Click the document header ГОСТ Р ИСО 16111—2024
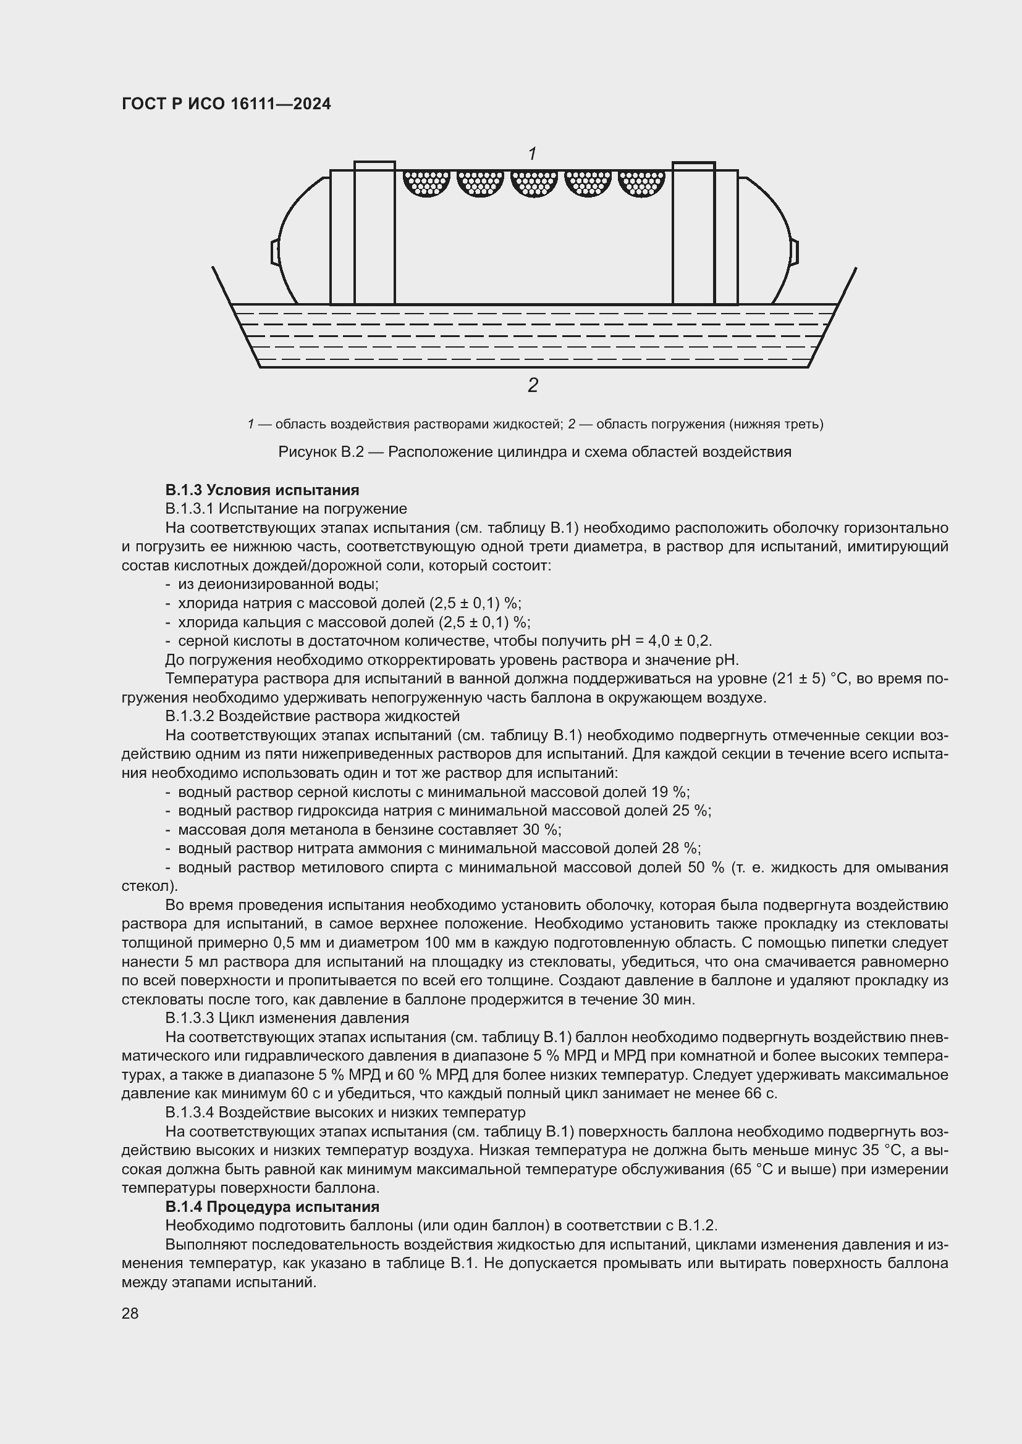tap(226, 104)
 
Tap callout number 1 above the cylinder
tap(533, 154)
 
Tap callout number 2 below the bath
tap(533, 385)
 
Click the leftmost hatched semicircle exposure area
tap(427, 182)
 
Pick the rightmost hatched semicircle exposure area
tap(642, 182)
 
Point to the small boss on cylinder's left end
tap(275, 251)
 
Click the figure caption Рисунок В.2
tap(534, 451)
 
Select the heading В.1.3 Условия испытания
tap(262, 490)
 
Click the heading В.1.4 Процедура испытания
tap(272, 1206)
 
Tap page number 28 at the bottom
tap(130, 1313)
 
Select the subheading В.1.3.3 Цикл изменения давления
tap(287, 1017)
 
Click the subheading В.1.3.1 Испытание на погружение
tap(285, 508)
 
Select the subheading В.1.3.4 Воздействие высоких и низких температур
tap(345, 1112)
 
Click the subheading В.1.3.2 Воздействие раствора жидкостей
tap(312, 716)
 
